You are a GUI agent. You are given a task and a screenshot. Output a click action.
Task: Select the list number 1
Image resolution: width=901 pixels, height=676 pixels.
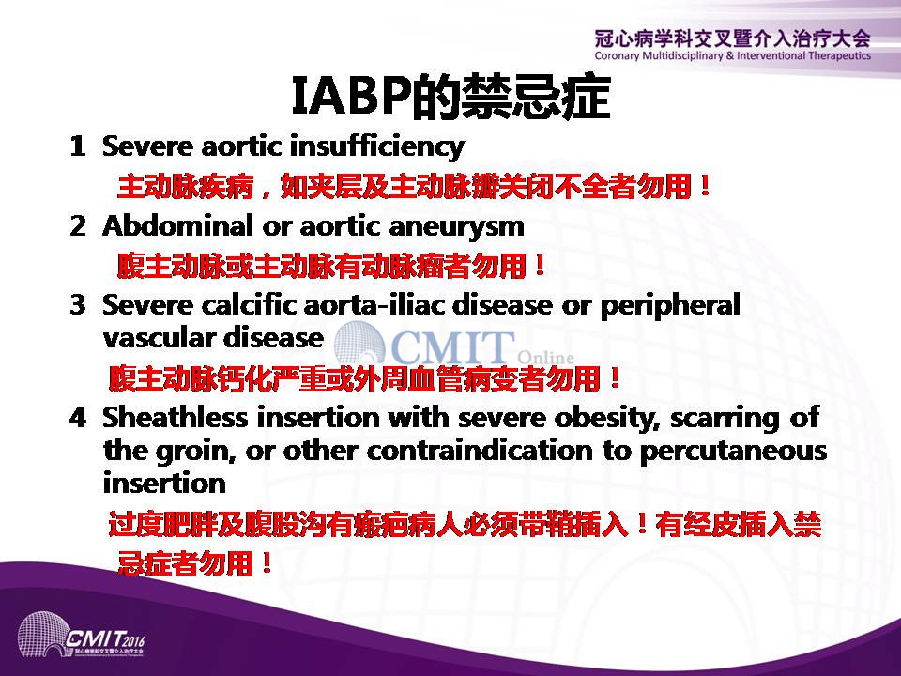(78, 146)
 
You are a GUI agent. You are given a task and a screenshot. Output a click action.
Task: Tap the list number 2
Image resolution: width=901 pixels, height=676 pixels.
(78, 225)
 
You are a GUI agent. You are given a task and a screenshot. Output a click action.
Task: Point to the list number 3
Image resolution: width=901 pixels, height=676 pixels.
(78, 304)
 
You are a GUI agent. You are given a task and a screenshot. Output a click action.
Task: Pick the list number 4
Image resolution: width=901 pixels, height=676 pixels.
(78, 417)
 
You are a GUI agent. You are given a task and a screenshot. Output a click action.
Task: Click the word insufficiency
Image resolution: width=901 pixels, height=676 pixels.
(377, 146)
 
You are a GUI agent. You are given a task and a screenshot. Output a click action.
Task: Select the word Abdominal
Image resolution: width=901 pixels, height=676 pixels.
(177, 224)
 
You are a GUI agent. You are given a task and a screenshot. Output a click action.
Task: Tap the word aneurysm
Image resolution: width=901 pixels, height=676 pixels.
(457, 227)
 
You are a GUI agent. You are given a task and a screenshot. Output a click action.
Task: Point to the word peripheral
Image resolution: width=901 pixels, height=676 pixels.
(670, 306)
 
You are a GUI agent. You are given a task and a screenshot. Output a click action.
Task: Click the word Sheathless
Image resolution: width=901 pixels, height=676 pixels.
(175, 417)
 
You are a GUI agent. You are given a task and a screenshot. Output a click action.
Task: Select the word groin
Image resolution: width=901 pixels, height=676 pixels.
(195, 452)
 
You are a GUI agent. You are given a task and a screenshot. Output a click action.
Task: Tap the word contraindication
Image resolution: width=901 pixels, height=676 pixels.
(480, 450)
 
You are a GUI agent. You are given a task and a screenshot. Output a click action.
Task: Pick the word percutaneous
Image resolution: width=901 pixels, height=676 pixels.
(733, 453)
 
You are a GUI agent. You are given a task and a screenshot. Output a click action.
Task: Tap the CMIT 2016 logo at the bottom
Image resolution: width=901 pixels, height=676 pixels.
(82, 637)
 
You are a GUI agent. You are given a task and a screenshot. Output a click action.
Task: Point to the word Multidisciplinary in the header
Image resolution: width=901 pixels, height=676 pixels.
(683, 55)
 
